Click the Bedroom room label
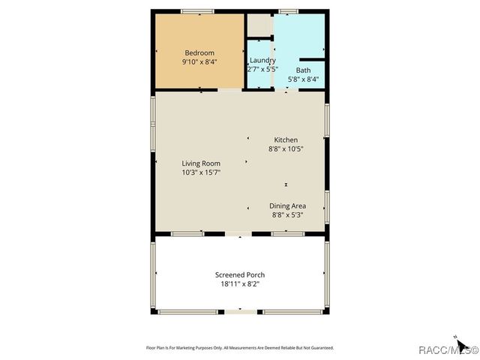click(x=200, y=52)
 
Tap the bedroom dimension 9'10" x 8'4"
click(x=200, y=62)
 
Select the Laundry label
click(x=262, y=60)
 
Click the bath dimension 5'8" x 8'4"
click(x=302, y=78)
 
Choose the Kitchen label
click(x=286, y=140)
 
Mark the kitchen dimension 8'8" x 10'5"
click(x=286, y=148)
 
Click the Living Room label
click(x=200, y=163)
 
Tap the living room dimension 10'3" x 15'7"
click(x=200, y=172)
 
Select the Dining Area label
click(x=286, y=205)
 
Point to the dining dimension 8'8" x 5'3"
click(x=286, y=214)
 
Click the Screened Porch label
click(x=239, y=274)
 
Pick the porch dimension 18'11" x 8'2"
click(x=239, y=283)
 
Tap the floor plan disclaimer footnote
click(x=239, y=348)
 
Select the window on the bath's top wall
click(x=289, y=11)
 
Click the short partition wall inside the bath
click(x=312, y=58)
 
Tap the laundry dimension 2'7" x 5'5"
click(x=262, y=69)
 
